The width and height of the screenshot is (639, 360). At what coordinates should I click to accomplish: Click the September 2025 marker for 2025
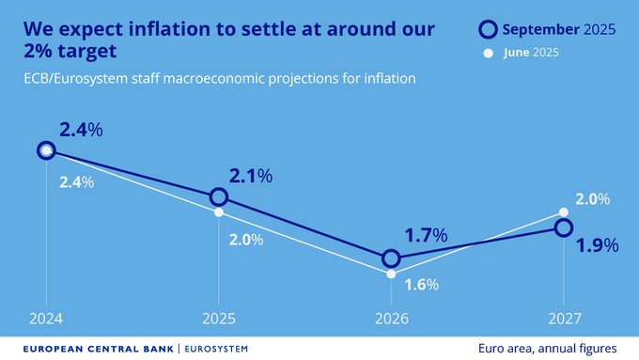(x=218, y=196)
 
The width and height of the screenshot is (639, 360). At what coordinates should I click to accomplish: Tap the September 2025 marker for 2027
(x=563, y=227)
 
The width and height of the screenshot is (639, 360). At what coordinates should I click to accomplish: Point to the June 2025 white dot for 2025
(x=218, y=212)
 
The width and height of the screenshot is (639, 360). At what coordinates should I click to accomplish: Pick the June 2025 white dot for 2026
(x=391, y=274)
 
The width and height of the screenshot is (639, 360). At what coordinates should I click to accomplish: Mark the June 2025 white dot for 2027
(x=563, y=211)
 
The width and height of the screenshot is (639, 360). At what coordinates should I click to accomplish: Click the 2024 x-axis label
(x=46, y=320)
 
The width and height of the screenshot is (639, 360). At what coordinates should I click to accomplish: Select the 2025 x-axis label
(x=218, y=320)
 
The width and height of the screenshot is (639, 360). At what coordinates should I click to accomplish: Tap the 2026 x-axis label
(x=391, y=320)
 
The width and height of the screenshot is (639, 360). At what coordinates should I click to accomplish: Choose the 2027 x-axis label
(x=563, y=320)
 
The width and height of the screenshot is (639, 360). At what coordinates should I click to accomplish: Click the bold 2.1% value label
(x=250, y=176)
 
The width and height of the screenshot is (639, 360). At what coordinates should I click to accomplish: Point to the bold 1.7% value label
(x=426, y=235)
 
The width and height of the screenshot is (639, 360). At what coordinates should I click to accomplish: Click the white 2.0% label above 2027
(x=592, y=199)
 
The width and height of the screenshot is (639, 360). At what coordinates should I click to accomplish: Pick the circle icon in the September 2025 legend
(x=488, y=30)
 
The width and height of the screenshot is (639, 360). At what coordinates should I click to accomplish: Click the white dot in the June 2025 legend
(x=488, y=53)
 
